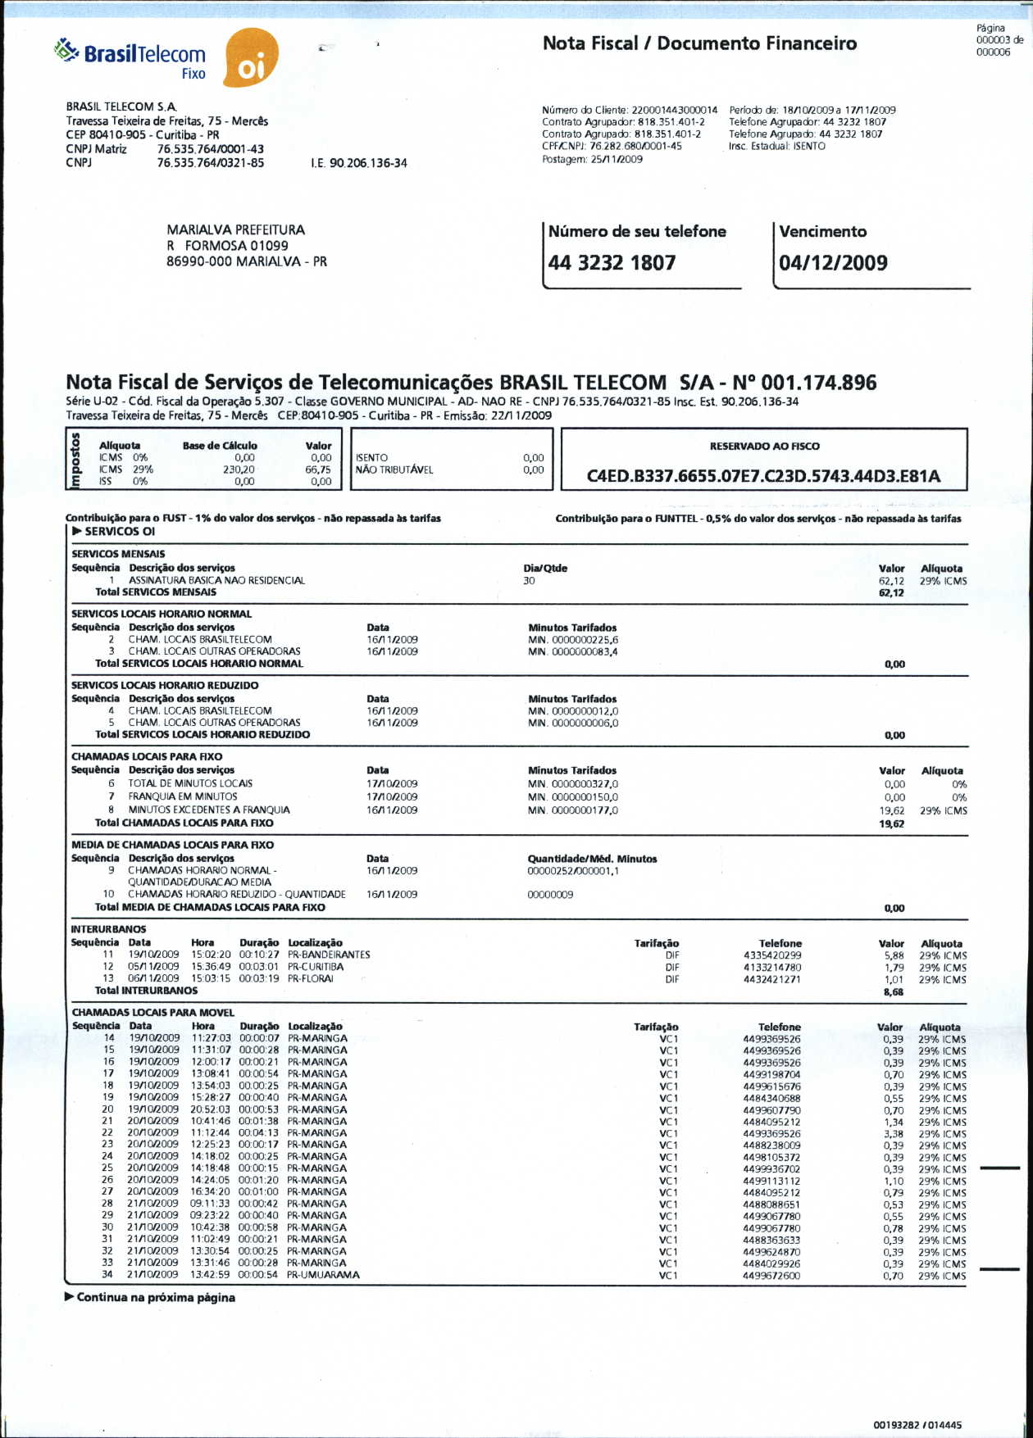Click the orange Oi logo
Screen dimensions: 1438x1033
(x=251, y=59)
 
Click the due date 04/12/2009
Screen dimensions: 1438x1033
(x=833, y=263)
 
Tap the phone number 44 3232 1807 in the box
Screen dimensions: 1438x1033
(x=612, y=263)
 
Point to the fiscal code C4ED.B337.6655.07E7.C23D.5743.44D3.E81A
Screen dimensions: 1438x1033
(x=763, y=476)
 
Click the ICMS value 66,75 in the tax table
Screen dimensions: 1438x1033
(x=318, y=470)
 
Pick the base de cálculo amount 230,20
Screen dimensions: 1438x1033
(x=239, y=470)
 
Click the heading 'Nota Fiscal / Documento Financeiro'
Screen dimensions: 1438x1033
(x=699, y=43)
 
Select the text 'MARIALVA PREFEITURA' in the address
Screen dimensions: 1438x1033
(x=235, y=230)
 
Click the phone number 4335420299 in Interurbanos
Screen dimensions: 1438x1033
(x=772, y=955)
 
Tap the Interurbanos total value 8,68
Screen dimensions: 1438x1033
(x=894, y=991)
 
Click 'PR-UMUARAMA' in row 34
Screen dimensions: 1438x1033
(x=323, y=1275)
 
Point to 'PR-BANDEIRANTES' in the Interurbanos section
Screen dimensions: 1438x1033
(x=329, y=955)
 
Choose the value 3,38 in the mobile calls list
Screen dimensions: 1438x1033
(x=894, y=1134)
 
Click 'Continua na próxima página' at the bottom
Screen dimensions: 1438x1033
(x=156, y=1298)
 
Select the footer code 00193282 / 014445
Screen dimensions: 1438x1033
(x=917, y=1425)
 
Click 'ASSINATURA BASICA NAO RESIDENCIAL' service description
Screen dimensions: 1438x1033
(x=216, y=580)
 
